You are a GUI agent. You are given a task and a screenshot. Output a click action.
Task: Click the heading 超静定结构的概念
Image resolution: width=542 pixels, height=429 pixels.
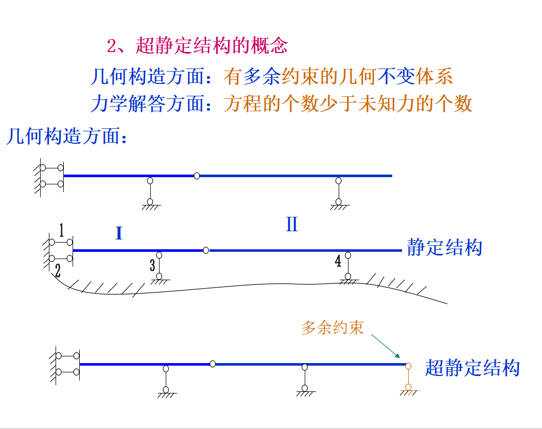[211, 46]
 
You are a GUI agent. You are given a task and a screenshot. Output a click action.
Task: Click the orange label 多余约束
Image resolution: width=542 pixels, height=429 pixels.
[332, 328]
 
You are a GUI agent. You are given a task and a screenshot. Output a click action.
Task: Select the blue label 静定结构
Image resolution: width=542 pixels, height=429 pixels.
[444, 247]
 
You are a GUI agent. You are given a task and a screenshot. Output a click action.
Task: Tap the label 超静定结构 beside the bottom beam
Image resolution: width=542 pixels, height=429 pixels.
[472, 368]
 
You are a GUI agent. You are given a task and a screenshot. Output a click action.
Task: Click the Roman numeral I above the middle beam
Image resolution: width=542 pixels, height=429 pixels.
[119, 234]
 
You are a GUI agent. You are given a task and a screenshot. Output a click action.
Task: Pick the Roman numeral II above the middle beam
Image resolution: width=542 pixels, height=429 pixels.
[292, 225]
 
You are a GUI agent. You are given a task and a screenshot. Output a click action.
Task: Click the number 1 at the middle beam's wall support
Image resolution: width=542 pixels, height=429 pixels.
[61, 230]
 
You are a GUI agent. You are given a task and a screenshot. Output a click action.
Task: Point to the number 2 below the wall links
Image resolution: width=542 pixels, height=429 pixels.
[58, 271]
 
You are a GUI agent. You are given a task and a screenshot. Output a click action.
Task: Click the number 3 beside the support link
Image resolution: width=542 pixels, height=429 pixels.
[152, 266]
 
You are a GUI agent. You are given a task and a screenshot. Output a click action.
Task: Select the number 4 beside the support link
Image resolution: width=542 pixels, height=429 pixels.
[338, 262]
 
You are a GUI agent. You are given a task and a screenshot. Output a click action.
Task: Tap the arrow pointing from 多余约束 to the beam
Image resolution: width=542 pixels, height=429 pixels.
[386, 345]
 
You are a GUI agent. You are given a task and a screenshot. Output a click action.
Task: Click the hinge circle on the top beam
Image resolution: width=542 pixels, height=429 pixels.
[197, 176]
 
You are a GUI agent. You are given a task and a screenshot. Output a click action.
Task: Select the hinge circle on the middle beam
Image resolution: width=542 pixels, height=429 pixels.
[206, 250]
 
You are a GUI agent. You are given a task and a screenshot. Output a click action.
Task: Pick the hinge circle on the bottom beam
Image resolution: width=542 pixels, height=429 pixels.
[213, 364]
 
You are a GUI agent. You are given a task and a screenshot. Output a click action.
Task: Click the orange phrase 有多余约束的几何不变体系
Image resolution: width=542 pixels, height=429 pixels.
[338, 77]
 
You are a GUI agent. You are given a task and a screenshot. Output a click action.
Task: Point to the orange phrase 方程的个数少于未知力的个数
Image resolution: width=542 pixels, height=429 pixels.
[348, 105]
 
